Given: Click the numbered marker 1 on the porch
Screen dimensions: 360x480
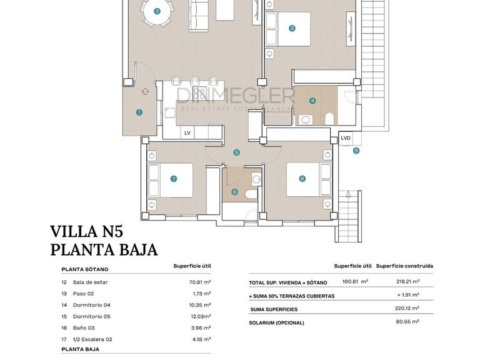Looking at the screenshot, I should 139,112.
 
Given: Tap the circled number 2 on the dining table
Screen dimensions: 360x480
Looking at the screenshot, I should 157,11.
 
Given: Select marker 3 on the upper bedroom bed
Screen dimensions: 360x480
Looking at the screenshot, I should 292,28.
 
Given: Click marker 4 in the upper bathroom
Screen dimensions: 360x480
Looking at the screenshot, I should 312,101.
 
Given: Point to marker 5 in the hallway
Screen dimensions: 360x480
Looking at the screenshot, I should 237,152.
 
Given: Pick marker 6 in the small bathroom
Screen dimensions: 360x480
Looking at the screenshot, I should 235,192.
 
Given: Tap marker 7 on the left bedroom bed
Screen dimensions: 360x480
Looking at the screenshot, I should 173,179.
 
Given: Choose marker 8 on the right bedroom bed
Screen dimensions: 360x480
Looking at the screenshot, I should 302,179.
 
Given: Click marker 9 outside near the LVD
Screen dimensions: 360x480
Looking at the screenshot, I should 356,150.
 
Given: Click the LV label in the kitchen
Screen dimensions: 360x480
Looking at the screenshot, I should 187,133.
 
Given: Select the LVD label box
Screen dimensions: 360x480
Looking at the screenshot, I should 346,139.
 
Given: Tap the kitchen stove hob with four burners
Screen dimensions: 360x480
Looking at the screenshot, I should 200,94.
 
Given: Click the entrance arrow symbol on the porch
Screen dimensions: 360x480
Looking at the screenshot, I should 145,91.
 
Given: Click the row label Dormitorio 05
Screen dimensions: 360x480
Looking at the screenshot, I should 91,316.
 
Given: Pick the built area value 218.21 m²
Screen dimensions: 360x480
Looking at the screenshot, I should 407,282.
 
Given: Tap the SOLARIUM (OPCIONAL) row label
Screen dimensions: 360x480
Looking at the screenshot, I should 276,322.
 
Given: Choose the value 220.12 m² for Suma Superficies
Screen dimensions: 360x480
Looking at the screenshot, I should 407,309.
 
